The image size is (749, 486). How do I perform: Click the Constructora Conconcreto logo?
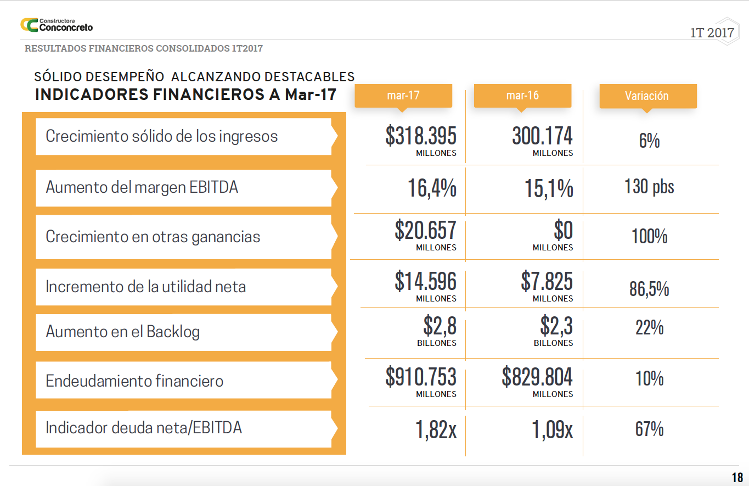(57, 25)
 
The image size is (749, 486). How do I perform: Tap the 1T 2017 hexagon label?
(712, 32)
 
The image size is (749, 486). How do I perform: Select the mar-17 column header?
(403, 96)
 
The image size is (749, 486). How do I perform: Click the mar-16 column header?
(522, 96)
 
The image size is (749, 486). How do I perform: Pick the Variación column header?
(647, 96)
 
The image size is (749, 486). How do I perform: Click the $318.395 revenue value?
(421, 136)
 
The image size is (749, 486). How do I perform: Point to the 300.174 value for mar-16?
(542, 136)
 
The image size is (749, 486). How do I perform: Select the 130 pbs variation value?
(649, 187)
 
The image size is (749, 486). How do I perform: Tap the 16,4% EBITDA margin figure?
(432, 188)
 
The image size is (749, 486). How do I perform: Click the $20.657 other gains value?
(425, 231)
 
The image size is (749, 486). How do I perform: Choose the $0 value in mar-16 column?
(563, 231)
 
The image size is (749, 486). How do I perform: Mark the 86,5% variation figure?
(649, 289)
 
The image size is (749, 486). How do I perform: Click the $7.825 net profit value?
(547, 281)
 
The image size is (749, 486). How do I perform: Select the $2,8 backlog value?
(440, 327)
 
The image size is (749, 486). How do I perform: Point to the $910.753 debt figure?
(421, 377)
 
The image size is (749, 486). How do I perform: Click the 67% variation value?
(649, 429)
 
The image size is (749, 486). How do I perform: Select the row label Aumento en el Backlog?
(123, 332)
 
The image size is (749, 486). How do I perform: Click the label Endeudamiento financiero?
(134, 381)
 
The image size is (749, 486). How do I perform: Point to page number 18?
(737, 477)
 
